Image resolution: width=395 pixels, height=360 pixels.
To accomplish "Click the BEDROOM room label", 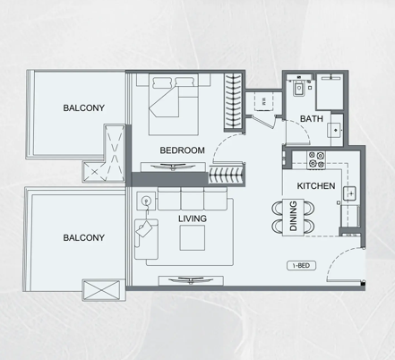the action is coord(182,150).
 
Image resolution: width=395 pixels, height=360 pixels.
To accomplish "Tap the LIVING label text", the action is coord(193,219).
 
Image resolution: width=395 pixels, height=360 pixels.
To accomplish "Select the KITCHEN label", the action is coord(316,186).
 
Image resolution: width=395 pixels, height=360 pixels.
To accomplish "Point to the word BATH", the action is coord(312,119).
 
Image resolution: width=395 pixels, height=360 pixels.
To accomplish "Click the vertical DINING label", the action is coord(294,216).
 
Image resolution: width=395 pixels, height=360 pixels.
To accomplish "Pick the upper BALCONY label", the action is coord(84,107).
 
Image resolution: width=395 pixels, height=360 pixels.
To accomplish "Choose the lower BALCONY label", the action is coord(84,238).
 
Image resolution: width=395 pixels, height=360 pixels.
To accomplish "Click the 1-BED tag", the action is coord(302,265).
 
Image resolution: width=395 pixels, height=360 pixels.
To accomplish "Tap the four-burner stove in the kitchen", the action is coord(316,160).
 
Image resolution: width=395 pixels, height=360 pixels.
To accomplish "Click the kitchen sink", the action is coord(349,193).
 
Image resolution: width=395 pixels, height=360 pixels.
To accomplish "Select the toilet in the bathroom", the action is coord(298,89).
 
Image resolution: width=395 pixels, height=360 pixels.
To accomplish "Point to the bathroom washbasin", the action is coord(335,130).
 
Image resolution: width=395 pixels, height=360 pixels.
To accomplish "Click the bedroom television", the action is coord(173,167).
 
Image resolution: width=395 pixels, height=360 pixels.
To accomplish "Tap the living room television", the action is coord(191,280).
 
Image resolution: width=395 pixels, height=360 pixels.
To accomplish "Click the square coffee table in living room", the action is coord(193,238).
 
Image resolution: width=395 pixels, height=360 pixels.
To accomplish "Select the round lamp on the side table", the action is coord(146,201).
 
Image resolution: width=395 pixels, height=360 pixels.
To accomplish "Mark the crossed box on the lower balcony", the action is coord(100,290).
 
